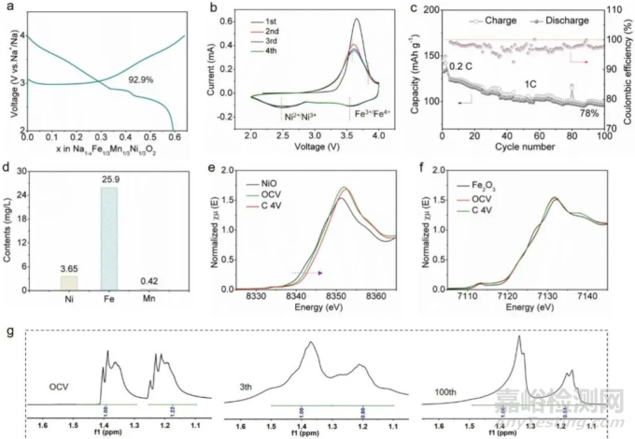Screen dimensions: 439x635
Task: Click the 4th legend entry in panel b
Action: pyautogui.click(x=290, y=54)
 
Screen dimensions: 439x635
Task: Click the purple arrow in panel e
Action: pyautogui.click(x=309, y=273)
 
